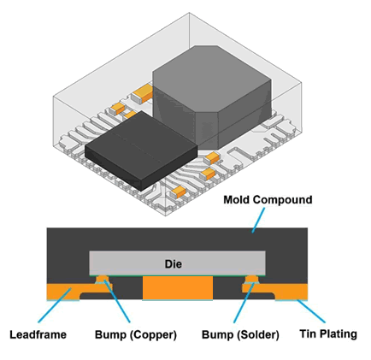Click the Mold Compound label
click(x=268, y=200)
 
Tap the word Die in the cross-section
click(x=174, y=263)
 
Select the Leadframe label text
click(x=38, y=334)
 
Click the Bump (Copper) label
click(x=136, y=334)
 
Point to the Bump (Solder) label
click(x=240, y=334)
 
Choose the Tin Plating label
click(x=328, y=333)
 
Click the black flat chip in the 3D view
click(x=141, y=150)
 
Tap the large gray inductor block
click(x=212, y=97)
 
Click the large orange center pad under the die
click(x=178, y=288)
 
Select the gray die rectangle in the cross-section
click(x=177, y=263)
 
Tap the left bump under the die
click(x=103, y=280)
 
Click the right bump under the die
click(x=252, y=280)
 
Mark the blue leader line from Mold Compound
click(x=258, y=220)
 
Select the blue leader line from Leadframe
click(x=54, y=305)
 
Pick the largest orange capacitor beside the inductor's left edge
click(x=143, y=92)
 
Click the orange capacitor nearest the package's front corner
click(x=179, y=192)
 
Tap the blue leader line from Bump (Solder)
click(x=244, y=303)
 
